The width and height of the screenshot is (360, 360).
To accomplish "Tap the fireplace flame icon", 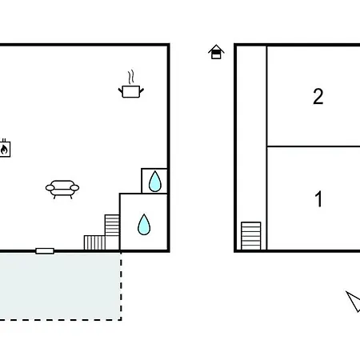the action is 4,149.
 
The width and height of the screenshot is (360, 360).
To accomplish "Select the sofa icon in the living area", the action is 62,189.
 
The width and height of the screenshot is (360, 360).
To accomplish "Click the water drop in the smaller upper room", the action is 155,182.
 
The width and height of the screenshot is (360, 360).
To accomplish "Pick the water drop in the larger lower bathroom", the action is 144,225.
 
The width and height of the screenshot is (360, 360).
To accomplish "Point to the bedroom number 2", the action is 318,96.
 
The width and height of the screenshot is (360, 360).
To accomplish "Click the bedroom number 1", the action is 318,198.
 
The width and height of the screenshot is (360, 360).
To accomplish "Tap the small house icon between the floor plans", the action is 216,52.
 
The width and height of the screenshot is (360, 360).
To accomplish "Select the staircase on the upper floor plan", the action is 251,236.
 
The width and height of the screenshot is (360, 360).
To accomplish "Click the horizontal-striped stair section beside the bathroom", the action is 112,226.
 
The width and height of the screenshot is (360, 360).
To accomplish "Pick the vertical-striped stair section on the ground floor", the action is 94,242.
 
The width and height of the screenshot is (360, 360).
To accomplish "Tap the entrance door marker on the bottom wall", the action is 45,251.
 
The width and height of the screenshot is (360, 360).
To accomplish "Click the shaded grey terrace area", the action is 60,286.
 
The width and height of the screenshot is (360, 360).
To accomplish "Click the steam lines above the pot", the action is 130,77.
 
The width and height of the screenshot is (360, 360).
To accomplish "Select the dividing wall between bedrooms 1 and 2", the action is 314,146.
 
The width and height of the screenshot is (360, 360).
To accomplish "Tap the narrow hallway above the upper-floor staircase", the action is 251,134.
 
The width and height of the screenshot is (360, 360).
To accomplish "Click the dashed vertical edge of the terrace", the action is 121,286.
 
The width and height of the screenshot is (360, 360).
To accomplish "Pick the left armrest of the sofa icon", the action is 50,188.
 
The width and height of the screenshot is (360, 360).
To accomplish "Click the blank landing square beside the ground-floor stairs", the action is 112,242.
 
